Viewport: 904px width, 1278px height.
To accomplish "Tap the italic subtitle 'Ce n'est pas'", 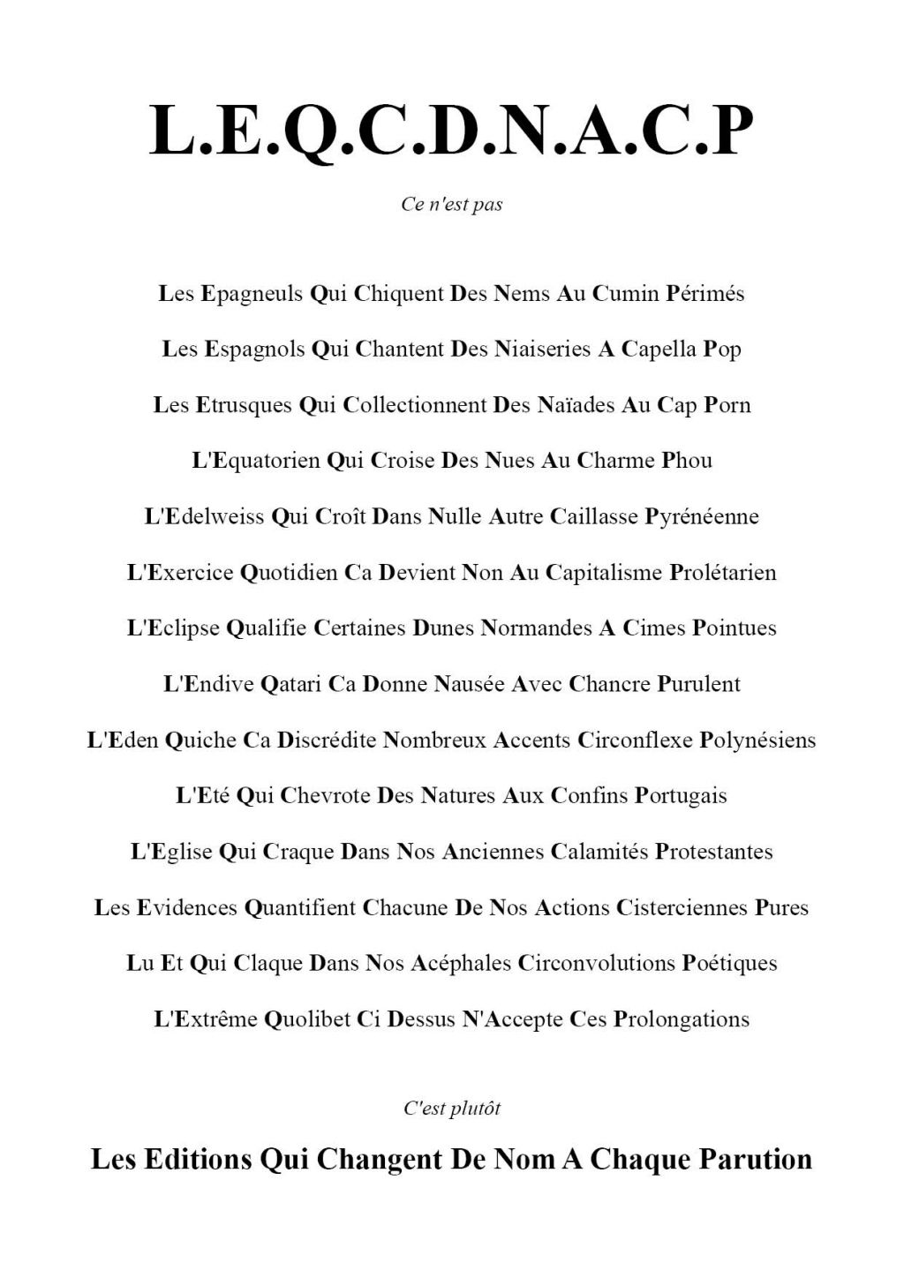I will (x=452, y=205).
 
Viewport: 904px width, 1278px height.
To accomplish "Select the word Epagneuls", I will (x=252, y=294).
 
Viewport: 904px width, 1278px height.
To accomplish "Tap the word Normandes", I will (x=536, y=628).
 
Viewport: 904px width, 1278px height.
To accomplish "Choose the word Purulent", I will (x=698, y=684).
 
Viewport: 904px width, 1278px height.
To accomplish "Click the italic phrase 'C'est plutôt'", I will (x=452, y=1109).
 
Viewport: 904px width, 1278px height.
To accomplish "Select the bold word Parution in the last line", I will (x=756, y=1159).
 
